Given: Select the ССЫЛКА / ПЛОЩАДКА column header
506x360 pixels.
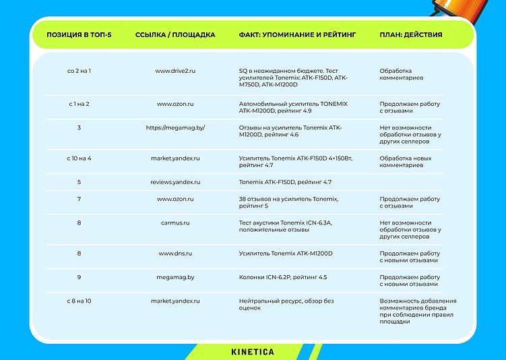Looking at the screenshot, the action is [175, 34].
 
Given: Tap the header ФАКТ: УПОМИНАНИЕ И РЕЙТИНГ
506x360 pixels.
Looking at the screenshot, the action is [297, 34].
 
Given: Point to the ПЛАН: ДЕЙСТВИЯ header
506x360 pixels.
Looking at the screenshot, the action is [411, 34].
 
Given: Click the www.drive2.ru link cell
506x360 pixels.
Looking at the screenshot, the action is [175, 70].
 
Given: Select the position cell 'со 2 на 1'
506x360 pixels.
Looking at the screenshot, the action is [80, 70].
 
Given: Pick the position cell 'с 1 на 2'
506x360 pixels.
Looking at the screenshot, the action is [80, 104].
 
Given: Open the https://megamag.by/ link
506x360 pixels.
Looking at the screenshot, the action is [175, 127].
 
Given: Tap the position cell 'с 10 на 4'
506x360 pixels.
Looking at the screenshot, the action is [80, 158].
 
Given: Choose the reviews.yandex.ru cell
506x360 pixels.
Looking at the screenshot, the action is [175, 182].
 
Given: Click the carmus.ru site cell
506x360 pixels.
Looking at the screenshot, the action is [175, 222].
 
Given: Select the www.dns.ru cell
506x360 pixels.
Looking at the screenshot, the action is [175, 253].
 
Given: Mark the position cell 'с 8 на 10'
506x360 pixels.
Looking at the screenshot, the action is [80, 301].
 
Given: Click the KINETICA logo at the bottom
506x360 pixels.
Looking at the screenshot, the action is [253, 352].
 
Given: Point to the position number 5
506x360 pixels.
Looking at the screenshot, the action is [80, 182].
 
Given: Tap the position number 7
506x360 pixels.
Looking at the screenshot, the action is [80, 199].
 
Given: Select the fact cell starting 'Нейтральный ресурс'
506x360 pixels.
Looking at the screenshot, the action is [286, 304].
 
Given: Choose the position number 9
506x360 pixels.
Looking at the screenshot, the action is [80, 277].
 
